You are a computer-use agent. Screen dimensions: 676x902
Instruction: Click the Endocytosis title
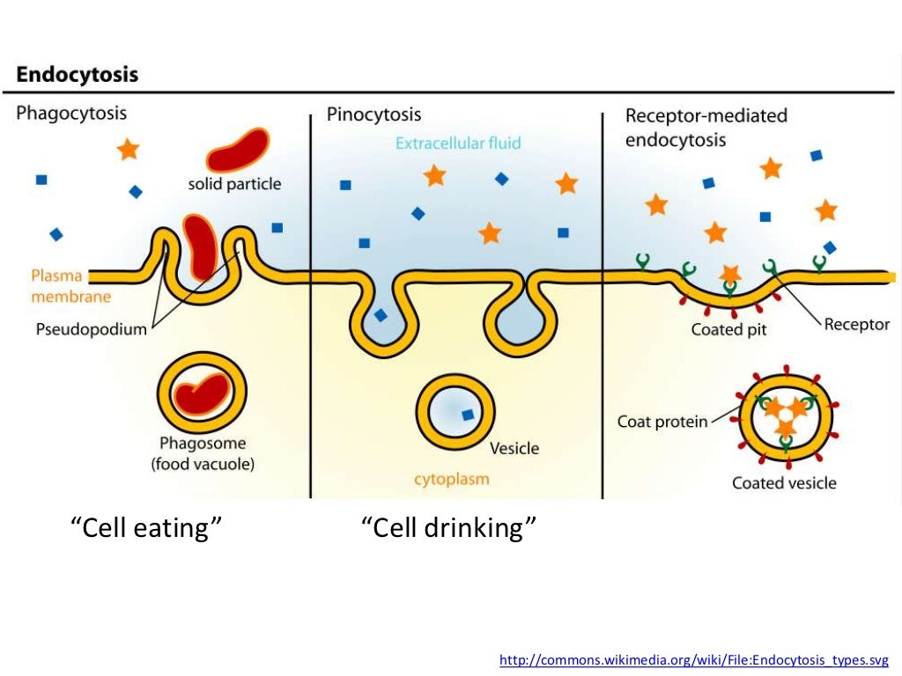[78, 75]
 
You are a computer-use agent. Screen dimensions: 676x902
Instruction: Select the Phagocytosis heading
[71, 114]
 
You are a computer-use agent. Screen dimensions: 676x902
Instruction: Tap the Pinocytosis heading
[373, 114]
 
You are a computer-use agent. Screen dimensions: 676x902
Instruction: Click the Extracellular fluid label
[458, 143]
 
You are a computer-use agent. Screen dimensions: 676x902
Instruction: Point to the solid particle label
[234, 184]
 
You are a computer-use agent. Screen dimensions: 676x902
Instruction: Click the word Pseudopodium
[92, 330]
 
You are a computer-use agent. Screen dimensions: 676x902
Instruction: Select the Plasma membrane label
[71, 285]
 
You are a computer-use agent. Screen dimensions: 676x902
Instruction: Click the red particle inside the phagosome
[202, 393]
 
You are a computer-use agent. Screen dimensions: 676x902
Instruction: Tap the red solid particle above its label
[237, 150]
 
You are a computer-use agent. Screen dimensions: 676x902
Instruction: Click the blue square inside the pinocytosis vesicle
[467, 414]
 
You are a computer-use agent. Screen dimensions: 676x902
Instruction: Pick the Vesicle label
[514, 448]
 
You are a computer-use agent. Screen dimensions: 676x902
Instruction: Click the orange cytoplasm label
[451, 480]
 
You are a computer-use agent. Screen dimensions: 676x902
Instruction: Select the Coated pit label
[728, 330]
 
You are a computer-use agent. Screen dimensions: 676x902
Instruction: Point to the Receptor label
[856, 324]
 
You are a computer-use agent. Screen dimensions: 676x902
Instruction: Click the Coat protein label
[662, 422]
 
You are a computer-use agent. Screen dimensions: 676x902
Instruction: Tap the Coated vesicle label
[784, 482]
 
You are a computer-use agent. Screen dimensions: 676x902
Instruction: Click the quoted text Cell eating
[145, 528]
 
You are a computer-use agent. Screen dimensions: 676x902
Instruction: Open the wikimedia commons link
[694, 659]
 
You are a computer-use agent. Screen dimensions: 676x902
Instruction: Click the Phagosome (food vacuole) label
[202, 453]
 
